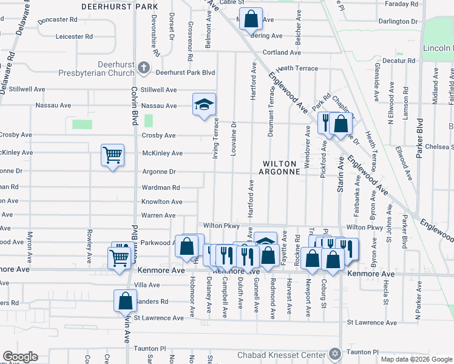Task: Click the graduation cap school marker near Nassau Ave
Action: pyautogui.click(x=205, y=105)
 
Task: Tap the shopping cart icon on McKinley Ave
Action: pyautogui.click(x=113, y=155)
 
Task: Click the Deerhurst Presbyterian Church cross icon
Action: pyautogui.click(x=144, y=67)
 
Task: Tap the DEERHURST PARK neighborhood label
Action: pyautogui.click(x=120, y=7)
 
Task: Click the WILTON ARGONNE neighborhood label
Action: pyautogui.click(x=282, y=168)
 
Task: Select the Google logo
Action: pyautogui.click(x=19, y=357)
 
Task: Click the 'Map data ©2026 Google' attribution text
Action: pyautogui.click(x=416, y=359)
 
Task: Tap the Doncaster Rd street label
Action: pyautogui.click(x=57, y=19)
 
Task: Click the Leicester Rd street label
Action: pyautogui.click(x=73, y=36)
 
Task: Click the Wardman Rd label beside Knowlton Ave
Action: pyautogui.click(x=161, y=188)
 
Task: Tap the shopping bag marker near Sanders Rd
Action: pyautogui.click(x=124, y=300)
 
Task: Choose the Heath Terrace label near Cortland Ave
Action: pyautogui.click(x=297, y=69)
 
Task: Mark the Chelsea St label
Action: pyautogui.click(x=441, y=146)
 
